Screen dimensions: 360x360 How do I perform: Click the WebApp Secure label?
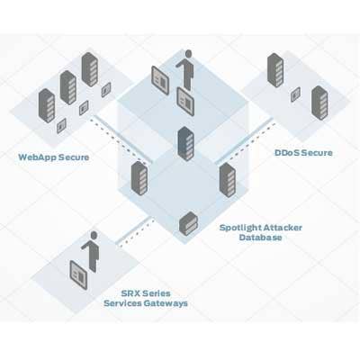pyautogui.click(x=54, y=157)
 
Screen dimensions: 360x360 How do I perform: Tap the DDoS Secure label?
pyautogui.click(x=303, y=153)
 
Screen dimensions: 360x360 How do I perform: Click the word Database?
pyautogui.click(x=260, y=238)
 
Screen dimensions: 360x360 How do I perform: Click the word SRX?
pyautogui.click(x=130, y=293)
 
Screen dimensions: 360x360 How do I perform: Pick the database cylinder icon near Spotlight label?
pyautogui.click(x=188, y=223)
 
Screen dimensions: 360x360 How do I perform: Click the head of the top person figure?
pyautogui.click(x=188, y=54)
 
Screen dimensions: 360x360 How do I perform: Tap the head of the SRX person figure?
pyautogui.click(x=94, y=235)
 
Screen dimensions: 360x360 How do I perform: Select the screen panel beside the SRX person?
pyautogui.click(x=78, y=275)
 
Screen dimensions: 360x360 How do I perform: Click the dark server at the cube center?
pyautogui.click(x=185, y=144)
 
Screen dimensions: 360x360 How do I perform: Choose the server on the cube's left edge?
pyautogui.click(x=139, y=179)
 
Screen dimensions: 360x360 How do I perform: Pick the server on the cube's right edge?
pyautogui.click(x=228, y=180)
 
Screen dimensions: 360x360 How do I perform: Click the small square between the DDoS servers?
pyautogui.click(x=295, y=94)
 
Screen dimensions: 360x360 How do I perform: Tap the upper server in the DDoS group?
pyautogui.click(x=275, y=70)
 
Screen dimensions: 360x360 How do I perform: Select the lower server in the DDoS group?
pyautogui.click(x=319, y=103)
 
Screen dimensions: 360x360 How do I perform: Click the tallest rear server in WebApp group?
pyautogui.click(x=90, y=69)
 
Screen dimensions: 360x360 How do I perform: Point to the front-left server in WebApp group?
pyautogui.click(x=47, y=105)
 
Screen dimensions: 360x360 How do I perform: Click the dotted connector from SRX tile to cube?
pyautogui.click(x=137, y=233)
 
